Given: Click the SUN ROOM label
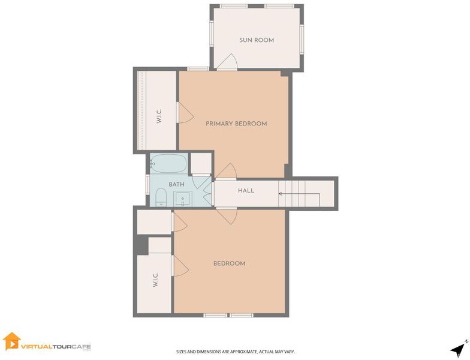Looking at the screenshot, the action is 257,40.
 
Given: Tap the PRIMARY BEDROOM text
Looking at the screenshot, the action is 236,124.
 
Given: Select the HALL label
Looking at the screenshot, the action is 246,191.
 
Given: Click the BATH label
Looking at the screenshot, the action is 176,184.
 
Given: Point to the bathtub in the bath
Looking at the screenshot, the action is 168,163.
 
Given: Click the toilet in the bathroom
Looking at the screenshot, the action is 161,197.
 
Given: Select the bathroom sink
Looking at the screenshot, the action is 182,199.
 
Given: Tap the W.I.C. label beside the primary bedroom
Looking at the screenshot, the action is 159,116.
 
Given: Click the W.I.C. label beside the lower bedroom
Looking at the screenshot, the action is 155,280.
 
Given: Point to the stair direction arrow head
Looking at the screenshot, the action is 280,194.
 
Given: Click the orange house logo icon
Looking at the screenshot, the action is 12,341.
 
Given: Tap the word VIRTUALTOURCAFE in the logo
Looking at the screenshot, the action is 56,347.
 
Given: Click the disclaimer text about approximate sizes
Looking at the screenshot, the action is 235,352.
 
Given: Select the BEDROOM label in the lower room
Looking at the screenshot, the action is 229,263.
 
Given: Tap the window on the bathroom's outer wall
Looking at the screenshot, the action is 147,184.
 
